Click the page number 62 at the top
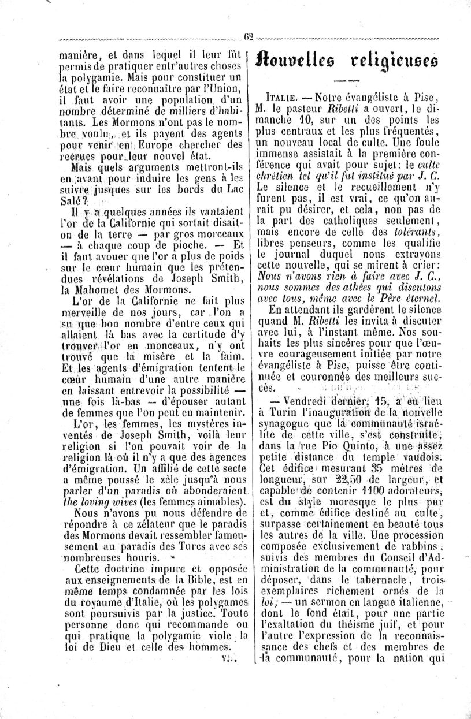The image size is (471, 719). pyautogui.click(x=249, y=36)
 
